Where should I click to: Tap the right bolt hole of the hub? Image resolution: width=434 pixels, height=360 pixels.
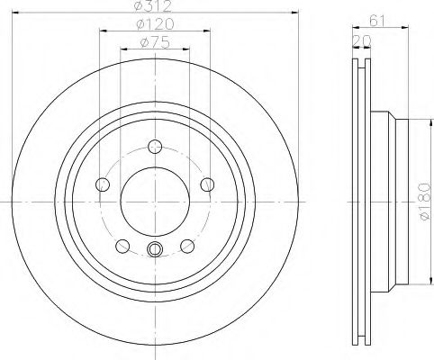click(208, 184)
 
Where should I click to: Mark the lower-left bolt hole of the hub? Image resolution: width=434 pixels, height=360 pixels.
click(122, 246)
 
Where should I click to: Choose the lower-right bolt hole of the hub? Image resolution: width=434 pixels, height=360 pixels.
click(187, 246)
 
